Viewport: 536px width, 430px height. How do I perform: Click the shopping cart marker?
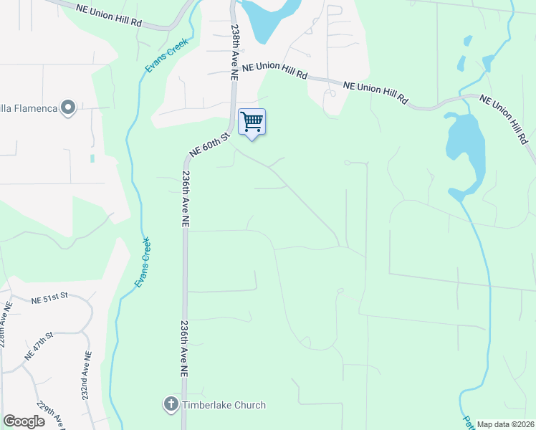(x=252, y=122)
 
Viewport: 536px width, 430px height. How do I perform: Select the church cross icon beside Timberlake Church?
(x=171, y=405)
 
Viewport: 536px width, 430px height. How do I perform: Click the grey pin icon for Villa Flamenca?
(x=69, y=108)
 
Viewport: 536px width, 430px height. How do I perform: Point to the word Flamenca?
(x=32, y=108)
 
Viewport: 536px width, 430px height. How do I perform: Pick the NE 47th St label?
(x=39, y=345)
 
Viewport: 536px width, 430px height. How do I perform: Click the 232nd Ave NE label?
(x=86, y=375)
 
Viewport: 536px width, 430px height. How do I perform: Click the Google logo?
(x=24, y=421)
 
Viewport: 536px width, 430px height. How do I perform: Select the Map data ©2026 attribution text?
(x=505, y=424)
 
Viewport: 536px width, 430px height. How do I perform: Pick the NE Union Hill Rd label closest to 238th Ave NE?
(x=274, y=70)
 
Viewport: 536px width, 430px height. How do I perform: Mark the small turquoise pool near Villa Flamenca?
(x=92, y=158)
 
